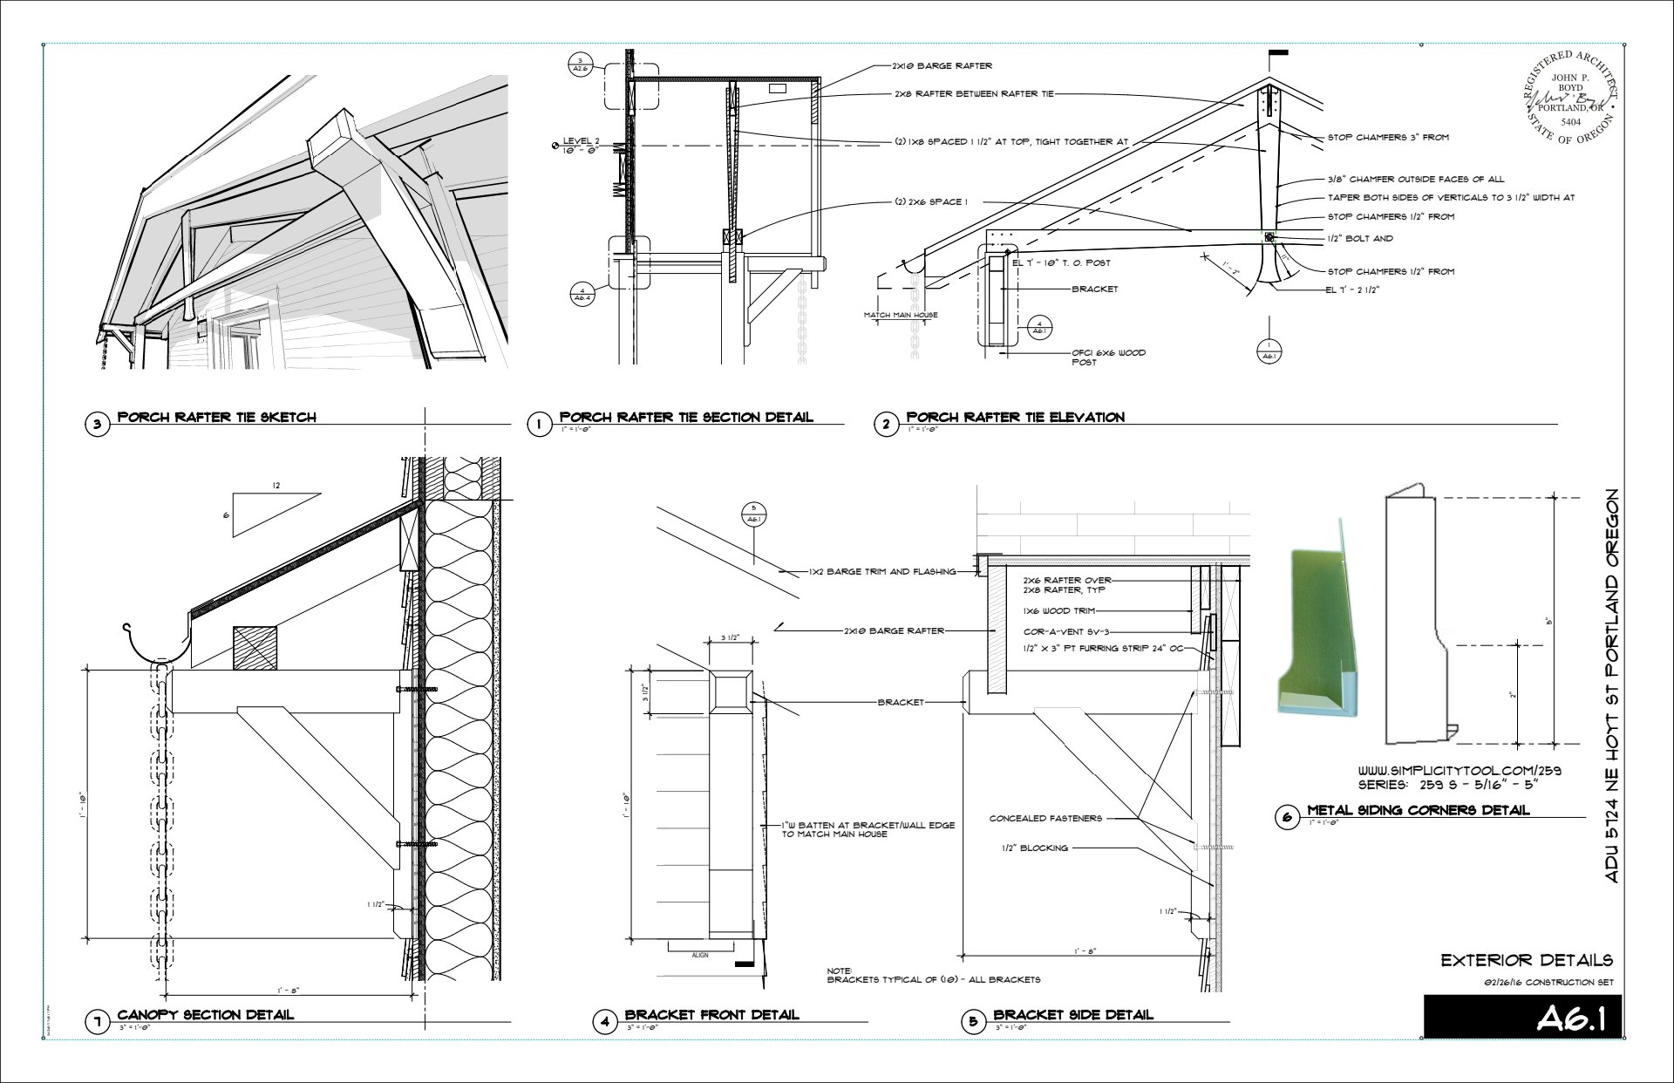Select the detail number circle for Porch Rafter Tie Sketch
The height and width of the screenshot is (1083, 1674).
pos(97,425)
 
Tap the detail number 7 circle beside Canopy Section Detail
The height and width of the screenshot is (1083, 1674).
pos(97,1021)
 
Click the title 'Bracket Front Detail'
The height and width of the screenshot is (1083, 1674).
pos(711,1014)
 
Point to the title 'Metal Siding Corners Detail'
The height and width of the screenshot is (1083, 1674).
pos(1418,810)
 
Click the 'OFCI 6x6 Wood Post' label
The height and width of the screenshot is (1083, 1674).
pos(1108,358)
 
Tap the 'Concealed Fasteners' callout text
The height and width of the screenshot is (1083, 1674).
pos(1045,818)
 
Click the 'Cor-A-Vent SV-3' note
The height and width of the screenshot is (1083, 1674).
pos(1065,631)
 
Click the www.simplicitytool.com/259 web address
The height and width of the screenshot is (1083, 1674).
pos(1460,771)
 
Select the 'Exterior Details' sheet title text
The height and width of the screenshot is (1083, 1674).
pos(1527,960)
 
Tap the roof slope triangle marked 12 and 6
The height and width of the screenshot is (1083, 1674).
pos(274,513)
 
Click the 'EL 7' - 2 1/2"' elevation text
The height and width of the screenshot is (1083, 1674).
pos(1352,289)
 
